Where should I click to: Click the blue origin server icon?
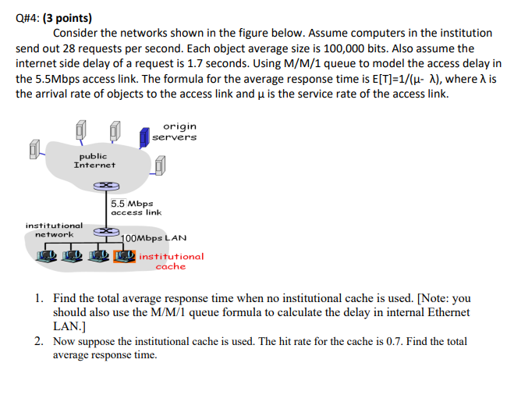144,137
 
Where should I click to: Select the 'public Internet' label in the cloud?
94,161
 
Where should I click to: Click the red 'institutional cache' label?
171,261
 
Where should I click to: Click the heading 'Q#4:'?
32,16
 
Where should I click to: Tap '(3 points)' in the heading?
74,16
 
